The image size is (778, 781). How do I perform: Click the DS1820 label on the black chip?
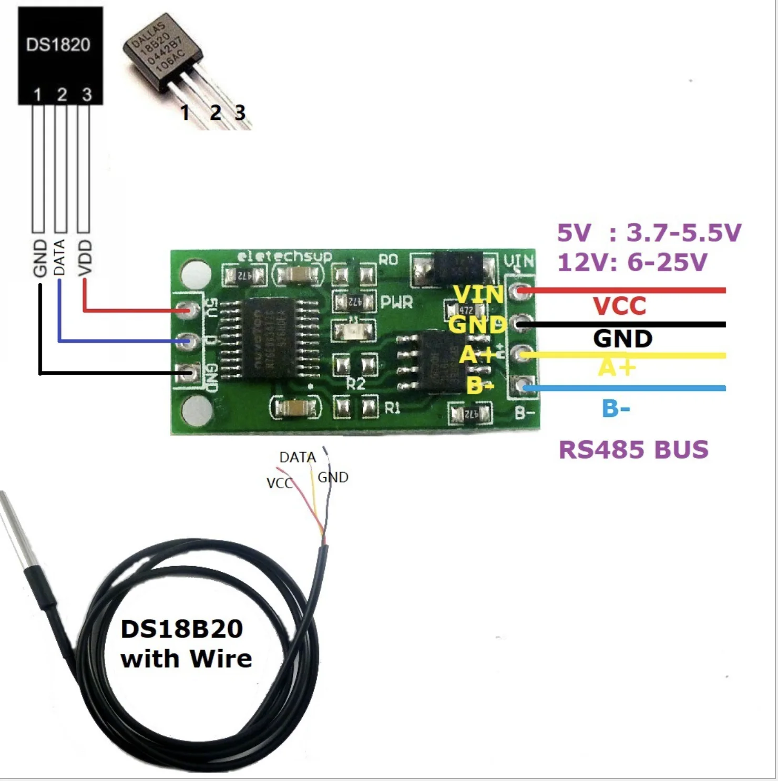point(58,45)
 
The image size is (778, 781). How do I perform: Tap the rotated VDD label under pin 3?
point(85,258)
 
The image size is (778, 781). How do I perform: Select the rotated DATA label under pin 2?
point(60,257)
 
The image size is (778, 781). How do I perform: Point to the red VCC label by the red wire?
point(619,306)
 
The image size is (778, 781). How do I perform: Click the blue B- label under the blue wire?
point(616,408)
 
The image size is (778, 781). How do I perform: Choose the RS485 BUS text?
point(633,450)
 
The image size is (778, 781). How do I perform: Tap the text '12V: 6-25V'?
point(632,262)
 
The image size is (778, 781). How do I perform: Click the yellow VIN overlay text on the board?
point(478,294)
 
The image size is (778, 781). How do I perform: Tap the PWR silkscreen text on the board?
point(396,302)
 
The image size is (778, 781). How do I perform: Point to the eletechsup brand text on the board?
point(284,257)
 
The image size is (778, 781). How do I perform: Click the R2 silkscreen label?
point(356,384)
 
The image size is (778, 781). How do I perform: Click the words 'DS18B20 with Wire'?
point(186,644)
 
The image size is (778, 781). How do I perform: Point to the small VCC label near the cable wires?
point(279,483)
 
